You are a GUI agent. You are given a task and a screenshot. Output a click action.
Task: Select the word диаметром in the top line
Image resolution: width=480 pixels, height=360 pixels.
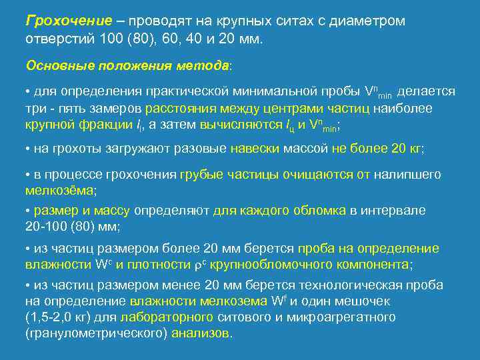(370, 21)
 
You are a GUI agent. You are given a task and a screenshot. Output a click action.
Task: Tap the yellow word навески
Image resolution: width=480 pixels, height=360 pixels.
(255, 148)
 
